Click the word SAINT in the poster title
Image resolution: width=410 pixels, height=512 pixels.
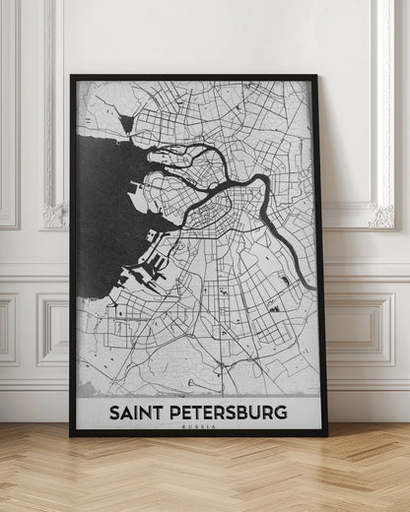tap(137, 412)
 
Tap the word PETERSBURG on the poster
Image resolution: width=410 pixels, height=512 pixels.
tap(229, 412)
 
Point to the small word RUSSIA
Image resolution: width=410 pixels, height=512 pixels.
tap(198, 426)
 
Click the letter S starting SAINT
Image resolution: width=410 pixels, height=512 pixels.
tap(113, 412)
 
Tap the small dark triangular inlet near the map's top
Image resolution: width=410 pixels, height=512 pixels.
tap(125, 124)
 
